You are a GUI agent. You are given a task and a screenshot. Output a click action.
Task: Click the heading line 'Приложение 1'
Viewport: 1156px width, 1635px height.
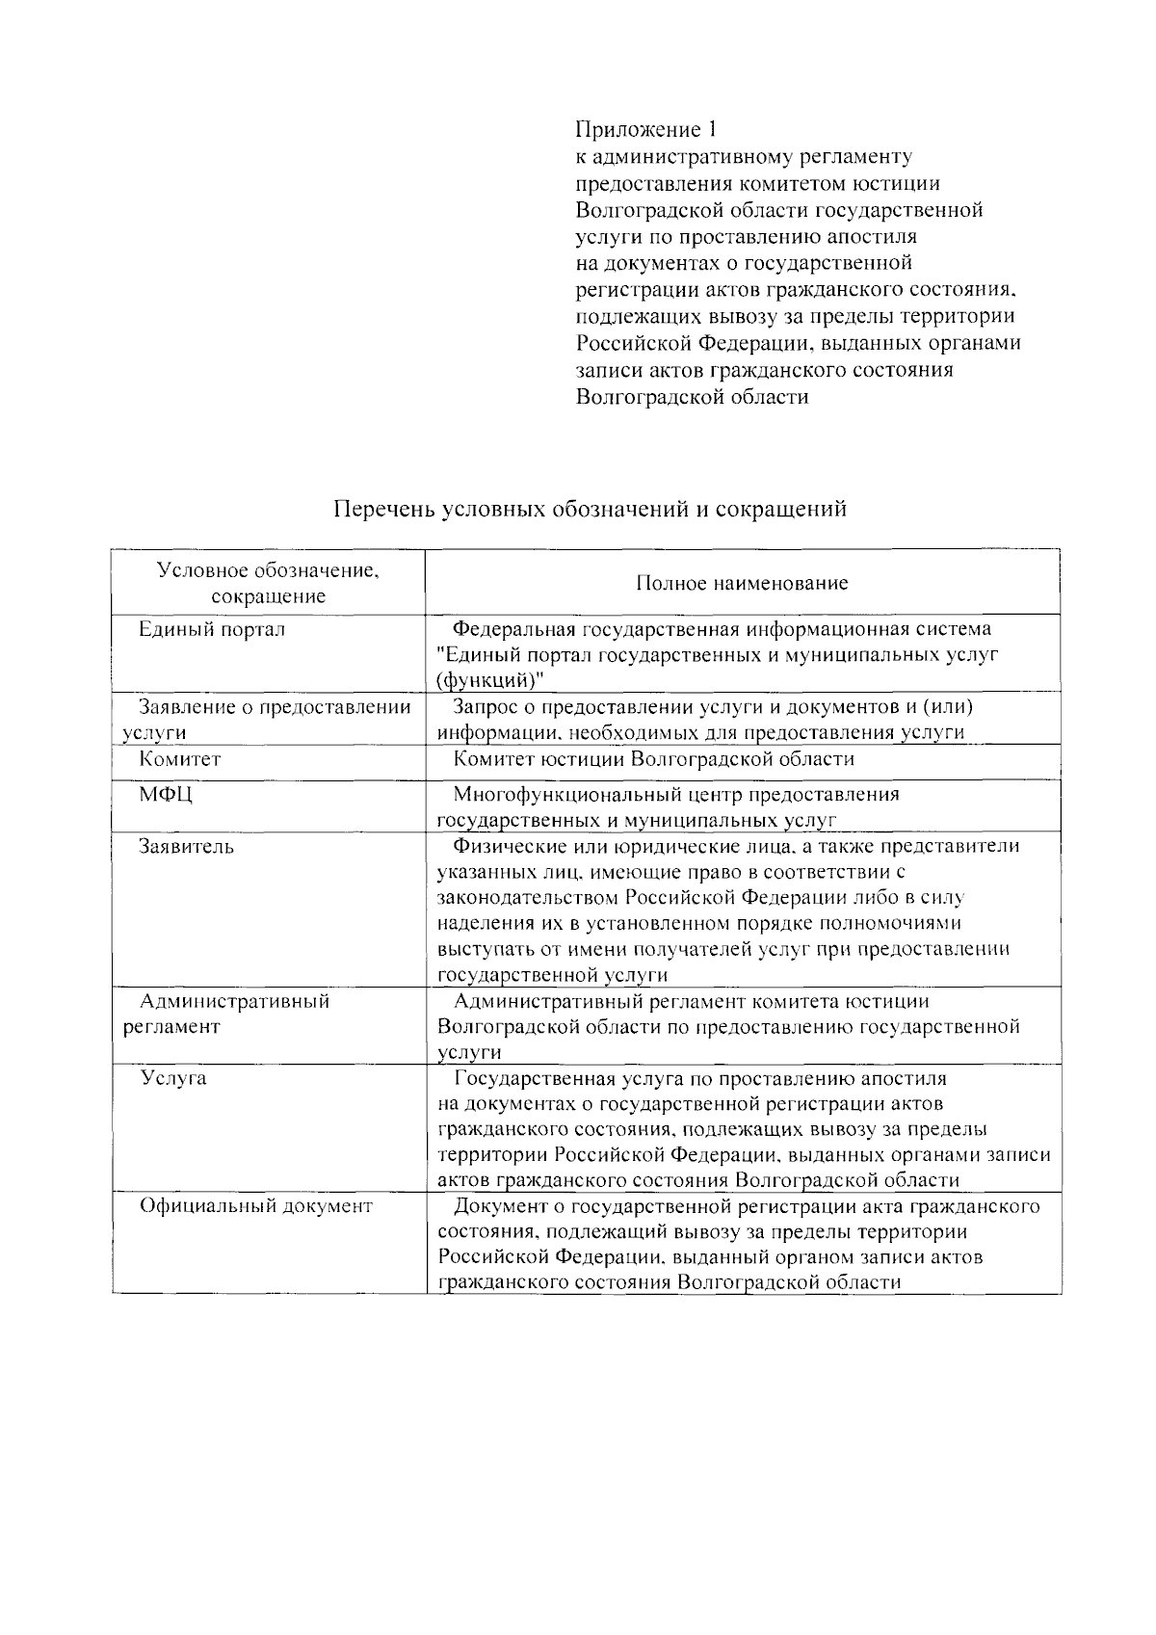646,129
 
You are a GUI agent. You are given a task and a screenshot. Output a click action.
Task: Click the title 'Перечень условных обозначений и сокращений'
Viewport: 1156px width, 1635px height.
590,509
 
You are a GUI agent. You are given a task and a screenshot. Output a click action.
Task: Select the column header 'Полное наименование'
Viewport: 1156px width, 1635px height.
742,583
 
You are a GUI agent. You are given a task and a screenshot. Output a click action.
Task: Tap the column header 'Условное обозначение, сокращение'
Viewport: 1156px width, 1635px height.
269,583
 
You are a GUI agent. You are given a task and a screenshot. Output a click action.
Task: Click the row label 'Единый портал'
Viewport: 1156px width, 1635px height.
212,630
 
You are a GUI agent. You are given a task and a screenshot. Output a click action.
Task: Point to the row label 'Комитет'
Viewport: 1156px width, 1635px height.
180,759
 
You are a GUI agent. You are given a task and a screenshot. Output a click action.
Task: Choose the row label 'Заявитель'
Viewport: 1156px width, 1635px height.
186,847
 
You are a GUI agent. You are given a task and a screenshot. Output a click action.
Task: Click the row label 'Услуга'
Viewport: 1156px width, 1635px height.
173,1078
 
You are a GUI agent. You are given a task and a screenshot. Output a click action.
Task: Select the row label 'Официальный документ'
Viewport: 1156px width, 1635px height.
256,1206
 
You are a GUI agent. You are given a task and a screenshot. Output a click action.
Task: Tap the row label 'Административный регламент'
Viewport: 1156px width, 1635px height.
227,1014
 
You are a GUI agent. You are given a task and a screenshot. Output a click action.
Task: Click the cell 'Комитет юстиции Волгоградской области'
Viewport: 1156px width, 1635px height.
654,759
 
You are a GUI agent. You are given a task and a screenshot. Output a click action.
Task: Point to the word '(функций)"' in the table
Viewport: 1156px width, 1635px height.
490,680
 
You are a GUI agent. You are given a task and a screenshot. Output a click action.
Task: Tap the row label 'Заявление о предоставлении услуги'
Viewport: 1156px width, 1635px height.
268,720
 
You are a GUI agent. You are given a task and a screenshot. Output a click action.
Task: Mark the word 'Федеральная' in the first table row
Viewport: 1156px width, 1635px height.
513,630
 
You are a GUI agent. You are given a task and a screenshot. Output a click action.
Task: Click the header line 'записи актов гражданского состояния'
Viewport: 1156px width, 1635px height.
764,370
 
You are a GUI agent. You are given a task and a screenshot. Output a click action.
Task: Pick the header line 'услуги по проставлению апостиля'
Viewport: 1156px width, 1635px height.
746,236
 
